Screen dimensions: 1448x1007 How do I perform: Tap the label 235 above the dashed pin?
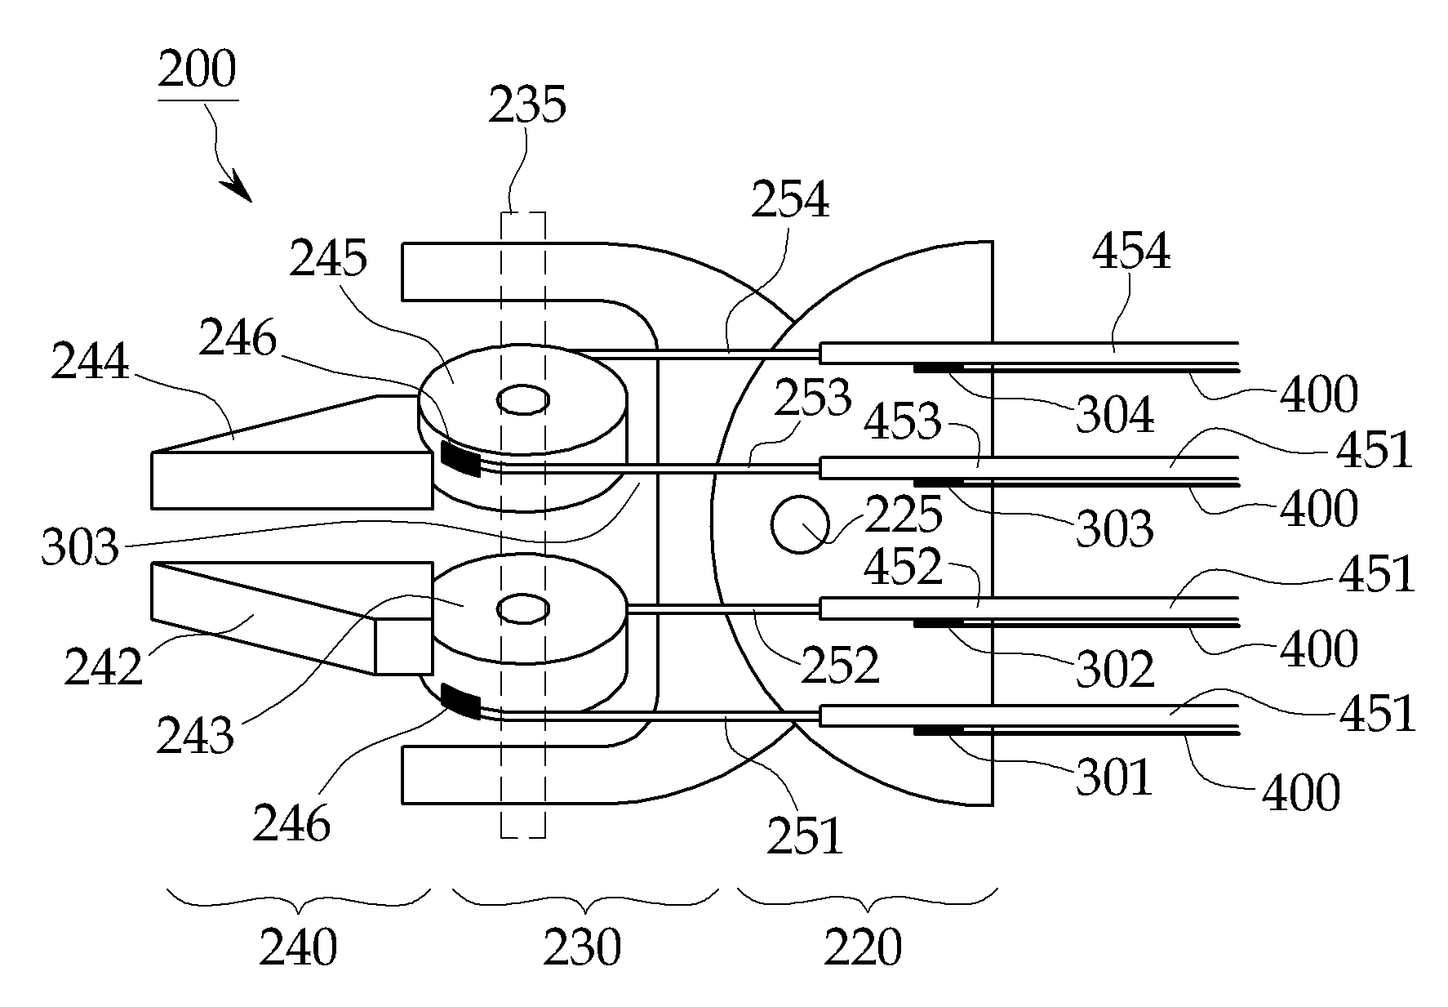[527, 105]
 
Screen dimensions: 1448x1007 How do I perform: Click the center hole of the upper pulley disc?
[522, 400]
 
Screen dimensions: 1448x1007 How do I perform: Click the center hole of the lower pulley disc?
[522, 608]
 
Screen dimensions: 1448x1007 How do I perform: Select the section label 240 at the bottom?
[298, 948]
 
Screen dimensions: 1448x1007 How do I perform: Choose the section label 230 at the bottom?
[582, 948]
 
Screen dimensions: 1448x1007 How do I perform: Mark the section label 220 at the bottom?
[863, 948]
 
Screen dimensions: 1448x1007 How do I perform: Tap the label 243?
[195, 735]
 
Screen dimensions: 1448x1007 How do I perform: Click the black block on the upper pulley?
[460, 457]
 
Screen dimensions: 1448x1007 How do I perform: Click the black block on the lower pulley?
[460, 702]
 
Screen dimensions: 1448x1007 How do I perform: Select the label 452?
[903, 566]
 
